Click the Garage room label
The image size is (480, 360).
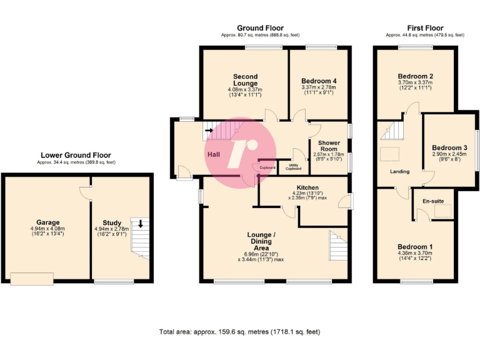[47, 222]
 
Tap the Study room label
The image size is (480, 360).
[112, 222]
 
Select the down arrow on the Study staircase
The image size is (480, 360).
[141, 224]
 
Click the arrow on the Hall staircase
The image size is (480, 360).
[208, 131]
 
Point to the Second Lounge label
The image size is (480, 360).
[245, 81]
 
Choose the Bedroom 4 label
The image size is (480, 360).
[319, 81]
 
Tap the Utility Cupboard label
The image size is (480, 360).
[294, 167]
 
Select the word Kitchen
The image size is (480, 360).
[307, 187]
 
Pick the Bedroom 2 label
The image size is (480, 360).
[415, 76]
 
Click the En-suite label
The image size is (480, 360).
[433, 202]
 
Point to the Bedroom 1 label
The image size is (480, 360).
[415, 246]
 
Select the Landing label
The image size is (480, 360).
[399, 172]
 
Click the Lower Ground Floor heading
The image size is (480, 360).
[76, 155]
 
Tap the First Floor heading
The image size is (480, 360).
[425, 28]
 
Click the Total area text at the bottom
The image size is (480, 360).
[240, 332]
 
